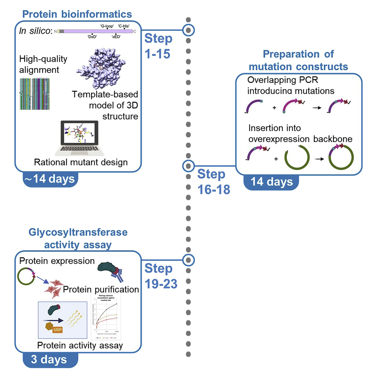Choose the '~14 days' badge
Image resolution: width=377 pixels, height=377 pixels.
point(51,178)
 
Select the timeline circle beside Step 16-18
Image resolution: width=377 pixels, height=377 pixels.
point(188,166)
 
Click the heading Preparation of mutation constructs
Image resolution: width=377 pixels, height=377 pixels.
point(299,60)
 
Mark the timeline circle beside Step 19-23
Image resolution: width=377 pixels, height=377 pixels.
point(188,260)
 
